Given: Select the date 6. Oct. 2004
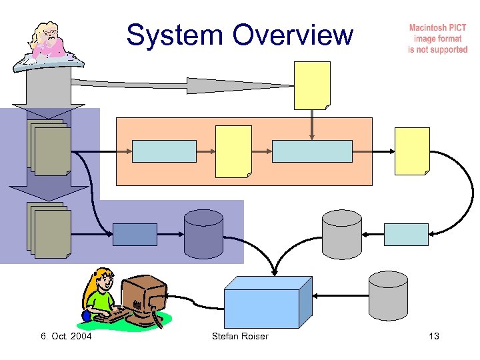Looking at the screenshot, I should pyautogui.click(x=66, y=336).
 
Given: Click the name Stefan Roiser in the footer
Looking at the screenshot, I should pyautogui.click(x=240, y=336).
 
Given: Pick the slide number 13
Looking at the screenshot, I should pyautogui.click(x=434, y=336).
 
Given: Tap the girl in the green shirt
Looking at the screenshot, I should pyautogui.click(x=100, y=297).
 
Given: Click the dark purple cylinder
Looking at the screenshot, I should pyautogui.click(x=203, y=234).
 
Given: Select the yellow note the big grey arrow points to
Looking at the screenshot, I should pyautogui.click(x=312, y=85).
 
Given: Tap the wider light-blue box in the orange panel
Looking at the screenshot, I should pyautogui.click(x=312, y=151).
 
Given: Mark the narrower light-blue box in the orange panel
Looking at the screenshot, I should pyautogui.click(x=165, y=151).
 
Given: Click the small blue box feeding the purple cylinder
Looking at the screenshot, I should pyautogui.click(x=135, y=235).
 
